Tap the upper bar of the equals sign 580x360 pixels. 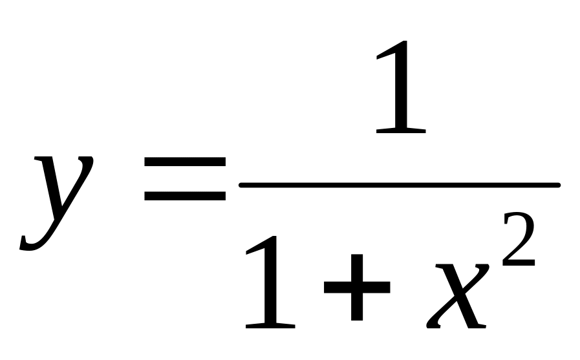184,162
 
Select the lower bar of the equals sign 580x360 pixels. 184,196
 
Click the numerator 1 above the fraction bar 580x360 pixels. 401,87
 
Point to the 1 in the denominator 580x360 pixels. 270,282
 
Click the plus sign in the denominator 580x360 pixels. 357,287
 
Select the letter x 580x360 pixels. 458,295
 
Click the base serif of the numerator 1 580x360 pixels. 401,131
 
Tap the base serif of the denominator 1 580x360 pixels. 270,325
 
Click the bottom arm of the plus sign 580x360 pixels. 357,307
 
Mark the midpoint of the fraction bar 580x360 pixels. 400,185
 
